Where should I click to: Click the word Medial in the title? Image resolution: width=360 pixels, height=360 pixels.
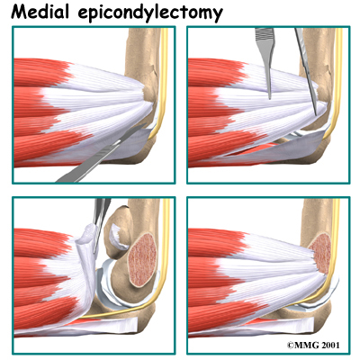point(40,12)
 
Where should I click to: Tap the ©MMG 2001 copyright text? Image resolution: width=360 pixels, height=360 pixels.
point(313,346)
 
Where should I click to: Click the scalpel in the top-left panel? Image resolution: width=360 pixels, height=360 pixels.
point(99,155)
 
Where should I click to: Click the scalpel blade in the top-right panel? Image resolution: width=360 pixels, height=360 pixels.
point(306,69)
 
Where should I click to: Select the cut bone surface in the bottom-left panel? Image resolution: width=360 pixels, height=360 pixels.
point(142,258)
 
